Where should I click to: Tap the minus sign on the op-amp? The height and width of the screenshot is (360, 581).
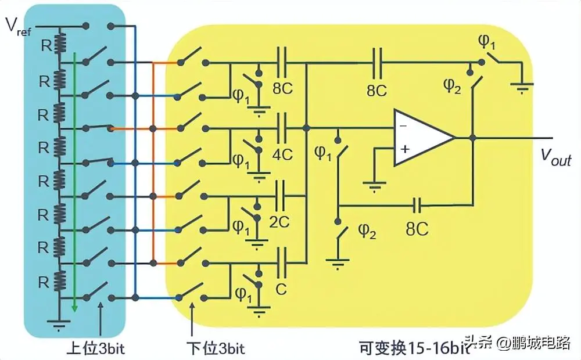(403, 125)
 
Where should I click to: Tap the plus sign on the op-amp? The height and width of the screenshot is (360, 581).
(405, 149)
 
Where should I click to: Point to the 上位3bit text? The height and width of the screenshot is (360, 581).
(96, 348)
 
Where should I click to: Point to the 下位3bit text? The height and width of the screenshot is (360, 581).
(215, 348)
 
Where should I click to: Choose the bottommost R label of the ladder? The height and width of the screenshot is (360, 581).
(43, 282)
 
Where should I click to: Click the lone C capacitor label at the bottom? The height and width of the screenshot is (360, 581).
(281, 289)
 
